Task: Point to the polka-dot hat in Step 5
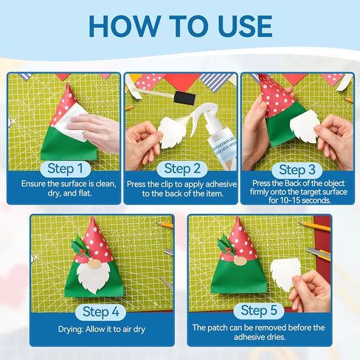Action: coord(240,238)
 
